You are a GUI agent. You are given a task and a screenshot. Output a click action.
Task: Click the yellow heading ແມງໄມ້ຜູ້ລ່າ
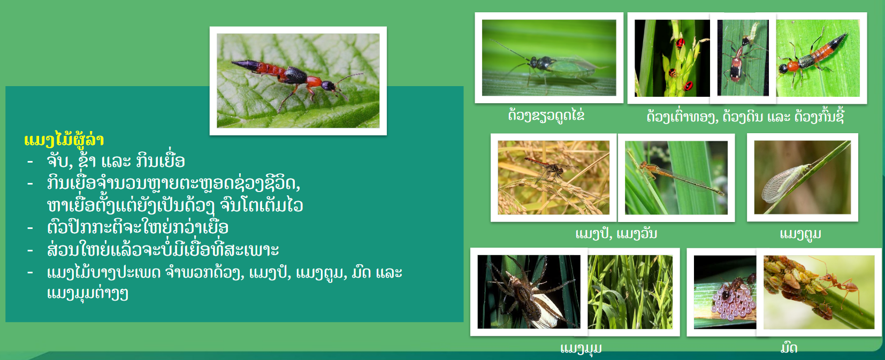click(x=64, y=140)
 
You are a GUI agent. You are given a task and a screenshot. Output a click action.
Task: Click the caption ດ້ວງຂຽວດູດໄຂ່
click(x=546, y=116)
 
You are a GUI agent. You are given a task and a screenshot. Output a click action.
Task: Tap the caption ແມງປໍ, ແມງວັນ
click(x=616, y=234)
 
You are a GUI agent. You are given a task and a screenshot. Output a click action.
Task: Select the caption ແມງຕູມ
click(x=800, y=234)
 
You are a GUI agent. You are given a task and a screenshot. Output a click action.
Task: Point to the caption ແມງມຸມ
click(x=581, y=348)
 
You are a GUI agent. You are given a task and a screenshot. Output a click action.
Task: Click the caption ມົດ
click(x=789, y=348)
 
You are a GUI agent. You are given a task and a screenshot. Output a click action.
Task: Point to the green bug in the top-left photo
click(x=553, y=66)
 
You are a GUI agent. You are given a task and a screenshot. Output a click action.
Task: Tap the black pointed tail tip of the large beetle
click(x=234, y=62)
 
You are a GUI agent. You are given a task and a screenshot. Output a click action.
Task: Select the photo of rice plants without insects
click(x=630, y=292)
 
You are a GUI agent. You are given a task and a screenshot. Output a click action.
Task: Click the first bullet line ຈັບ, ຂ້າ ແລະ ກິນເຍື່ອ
click(x=116, y=160)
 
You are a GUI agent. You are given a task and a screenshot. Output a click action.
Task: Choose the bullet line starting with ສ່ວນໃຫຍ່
click(x=163, y=249)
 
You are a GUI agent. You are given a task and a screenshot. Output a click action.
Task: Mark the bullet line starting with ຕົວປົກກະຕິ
click(x=138, y=227)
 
